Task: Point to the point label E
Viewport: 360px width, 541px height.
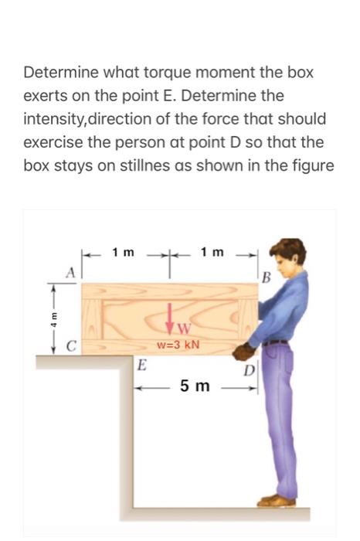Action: point(142,366)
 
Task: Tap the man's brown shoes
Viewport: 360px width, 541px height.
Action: point(277,501)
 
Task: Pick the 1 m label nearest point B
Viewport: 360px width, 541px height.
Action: point(212,252)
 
